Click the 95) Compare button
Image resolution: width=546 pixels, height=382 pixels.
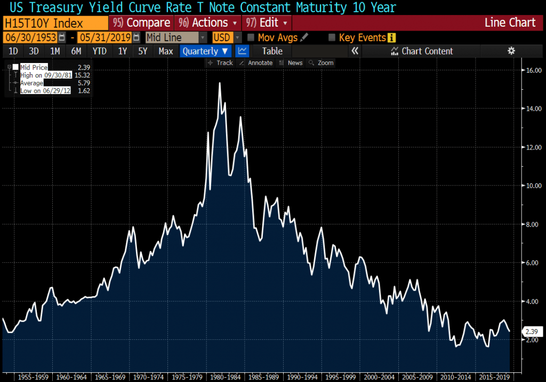(141, 23)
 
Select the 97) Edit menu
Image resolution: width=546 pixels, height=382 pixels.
(267, 23)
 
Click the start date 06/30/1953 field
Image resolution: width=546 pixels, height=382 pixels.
(30, 37)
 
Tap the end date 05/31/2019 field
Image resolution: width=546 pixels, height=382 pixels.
(105, 37)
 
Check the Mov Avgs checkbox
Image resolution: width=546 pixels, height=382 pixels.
(251, 37)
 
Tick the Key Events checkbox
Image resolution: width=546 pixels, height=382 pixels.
(332, 37)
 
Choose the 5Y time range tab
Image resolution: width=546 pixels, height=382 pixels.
(142, 51)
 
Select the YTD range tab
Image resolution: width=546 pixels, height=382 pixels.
(99, 51)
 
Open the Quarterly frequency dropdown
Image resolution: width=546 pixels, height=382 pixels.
(205, 51)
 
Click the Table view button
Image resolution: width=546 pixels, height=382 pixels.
(272, 51)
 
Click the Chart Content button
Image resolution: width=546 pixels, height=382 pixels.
(422, 51)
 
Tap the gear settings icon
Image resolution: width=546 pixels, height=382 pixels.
(511, 51)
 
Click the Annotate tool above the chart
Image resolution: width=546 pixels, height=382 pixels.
(256, 63)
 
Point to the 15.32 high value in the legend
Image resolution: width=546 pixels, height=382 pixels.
(83, 75)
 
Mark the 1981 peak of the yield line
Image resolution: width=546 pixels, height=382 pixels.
(220, 83)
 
